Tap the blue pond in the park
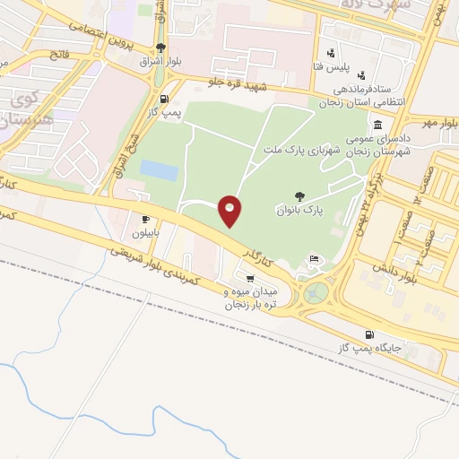click(x=159, y=169)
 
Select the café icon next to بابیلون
click(x=145, y=219)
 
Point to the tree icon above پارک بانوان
click(x=299, y=195)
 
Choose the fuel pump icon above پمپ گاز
click(x=163, y=99)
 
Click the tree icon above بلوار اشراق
click(x=160, y=48)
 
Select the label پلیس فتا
click(x=342, y=66)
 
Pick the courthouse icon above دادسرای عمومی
click(x=378, y=124)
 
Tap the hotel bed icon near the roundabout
click(x=314, y=259)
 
